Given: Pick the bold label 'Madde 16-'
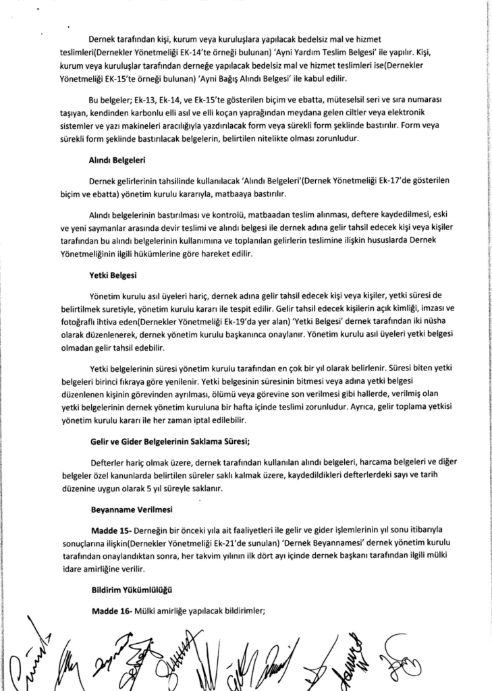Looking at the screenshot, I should [x=111, y=611].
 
